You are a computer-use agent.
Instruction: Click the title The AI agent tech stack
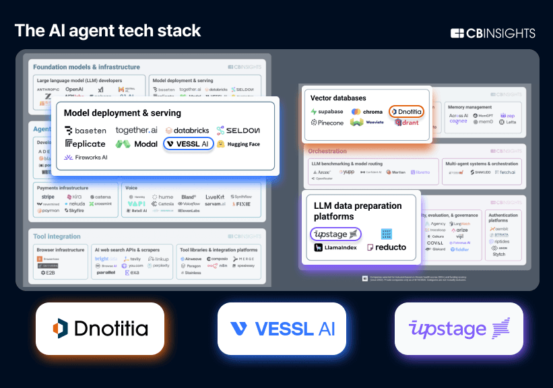click(x=108, y=30)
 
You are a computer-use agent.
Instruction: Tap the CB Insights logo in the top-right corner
click(x=492, y=33)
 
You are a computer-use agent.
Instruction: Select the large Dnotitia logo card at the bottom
click(x=100, y=329)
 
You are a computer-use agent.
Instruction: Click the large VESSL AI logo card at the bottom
click(x=282, y=329)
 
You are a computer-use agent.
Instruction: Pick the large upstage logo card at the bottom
click(x=458, y=329)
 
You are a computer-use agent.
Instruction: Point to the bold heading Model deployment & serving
click(x=123, y=112)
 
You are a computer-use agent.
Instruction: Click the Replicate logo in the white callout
click(x=85, y=143)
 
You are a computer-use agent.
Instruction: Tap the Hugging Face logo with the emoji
click(x=238, y=143)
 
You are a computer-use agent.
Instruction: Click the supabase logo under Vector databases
click(x=327, y=111)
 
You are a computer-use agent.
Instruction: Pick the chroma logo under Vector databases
click(x=367, y=111)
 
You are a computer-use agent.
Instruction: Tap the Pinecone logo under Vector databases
click(x=327, y=123)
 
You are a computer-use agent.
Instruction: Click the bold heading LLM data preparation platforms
click(x=358, y=210)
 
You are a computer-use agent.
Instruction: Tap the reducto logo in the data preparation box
click(x=387, y=247)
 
